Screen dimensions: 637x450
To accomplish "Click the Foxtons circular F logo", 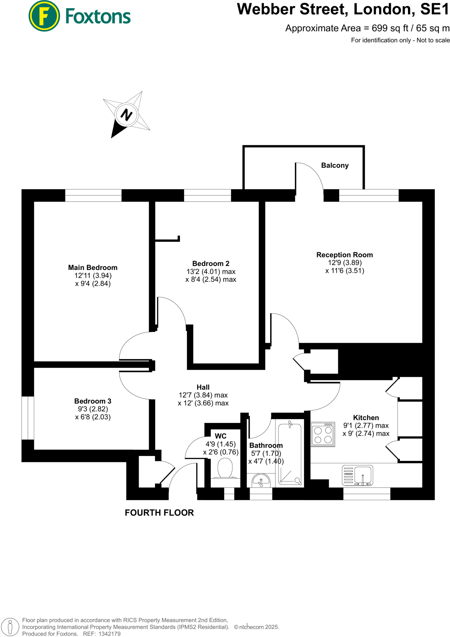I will tap(44, 16).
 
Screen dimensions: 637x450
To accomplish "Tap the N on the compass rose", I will tap(126, 115).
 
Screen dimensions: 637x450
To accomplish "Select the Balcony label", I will tap(335, 165).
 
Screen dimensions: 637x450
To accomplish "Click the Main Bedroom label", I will tap(93, 267).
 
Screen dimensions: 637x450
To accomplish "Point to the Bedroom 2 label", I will tap(211, 263).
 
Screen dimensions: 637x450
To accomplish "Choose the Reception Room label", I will tap(345, 255).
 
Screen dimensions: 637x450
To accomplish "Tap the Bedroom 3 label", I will tap(93, 401).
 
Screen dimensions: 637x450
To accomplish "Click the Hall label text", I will tap(203, 387).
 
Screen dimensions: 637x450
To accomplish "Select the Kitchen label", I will tap(366, 418).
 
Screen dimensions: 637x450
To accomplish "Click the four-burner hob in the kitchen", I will tap(323, 435).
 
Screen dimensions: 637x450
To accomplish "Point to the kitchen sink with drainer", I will tap(357, 475).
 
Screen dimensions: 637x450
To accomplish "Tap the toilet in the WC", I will tap(225, 469).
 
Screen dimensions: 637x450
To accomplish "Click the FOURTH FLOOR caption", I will tap(159, 513).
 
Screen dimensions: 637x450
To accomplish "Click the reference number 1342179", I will tap(109, 634).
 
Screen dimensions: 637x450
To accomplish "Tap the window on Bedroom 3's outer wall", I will tap(28, 418).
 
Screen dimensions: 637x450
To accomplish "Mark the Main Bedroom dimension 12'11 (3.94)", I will tap(93, 276).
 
